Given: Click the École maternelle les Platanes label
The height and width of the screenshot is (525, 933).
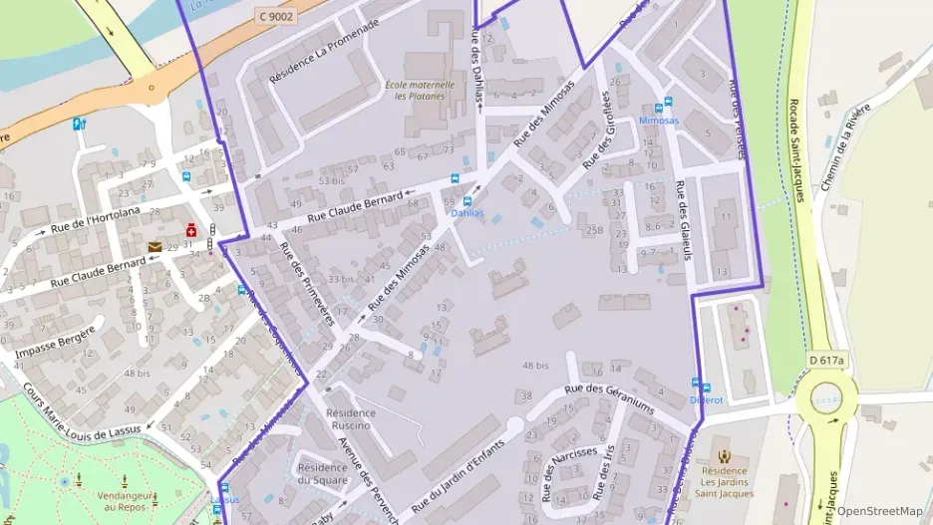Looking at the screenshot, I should pyautogui.click(x=420, y=91).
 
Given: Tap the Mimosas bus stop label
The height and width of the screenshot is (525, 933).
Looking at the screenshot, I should pyautogui.click(x=659, y=120).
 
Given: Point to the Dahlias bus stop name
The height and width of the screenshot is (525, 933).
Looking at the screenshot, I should pyautogui.click(x=467, y=213).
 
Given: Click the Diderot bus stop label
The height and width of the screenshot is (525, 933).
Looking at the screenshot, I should pyautogui.click(x=706, y=400).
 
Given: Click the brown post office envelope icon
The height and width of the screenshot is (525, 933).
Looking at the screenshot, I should pyautogui.click(x=155, y=246).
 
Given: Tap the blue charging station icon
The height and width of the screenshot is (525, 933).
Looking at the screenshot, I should pyautogui.click(x=79, y=125).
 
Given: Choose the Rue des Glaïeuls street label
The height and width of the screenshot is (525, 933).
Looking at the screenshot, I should pyautogui.click(x=685, y=220).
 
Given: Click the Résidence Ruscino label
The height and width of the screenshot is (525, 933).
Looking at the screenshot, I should pyautogui.click(x=351, y=418).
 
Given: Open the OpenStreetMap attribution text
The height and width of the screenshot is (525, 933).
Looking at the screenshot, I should pyautogui.click(x=879, y=511).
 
